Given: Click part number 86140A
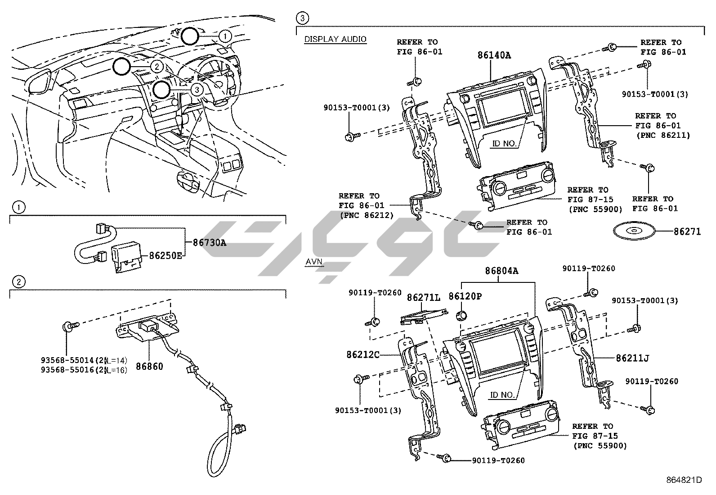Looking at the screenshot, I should [494, 55].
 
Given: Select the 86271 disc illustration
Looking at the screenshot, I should [634, 232].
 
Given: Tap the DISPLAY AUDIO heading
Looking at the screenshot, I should [335, 39].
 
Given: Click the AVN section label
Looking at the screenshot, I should [314, 262].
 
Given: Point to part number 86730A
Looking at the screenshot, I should [209, 243].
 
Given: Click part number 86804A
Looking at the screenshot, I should [501, 271].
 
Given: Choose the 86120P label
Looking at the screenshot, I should [465, 296].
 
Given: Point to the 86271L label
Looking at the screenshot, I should [424, 298].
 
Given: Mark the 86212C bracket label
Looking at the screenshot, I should [363, 354].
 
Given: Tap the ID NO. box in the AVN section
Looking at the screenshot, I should [502, 395].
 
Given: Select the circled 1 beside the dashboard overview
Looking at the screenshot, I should [225, 35].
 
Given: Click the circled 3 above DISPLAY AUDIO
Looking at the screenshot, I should [302, 18].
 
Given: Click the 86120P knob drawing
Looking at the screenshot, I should [461, 315].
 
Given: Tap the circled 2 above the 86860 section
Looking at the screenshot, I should [18, 282].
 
